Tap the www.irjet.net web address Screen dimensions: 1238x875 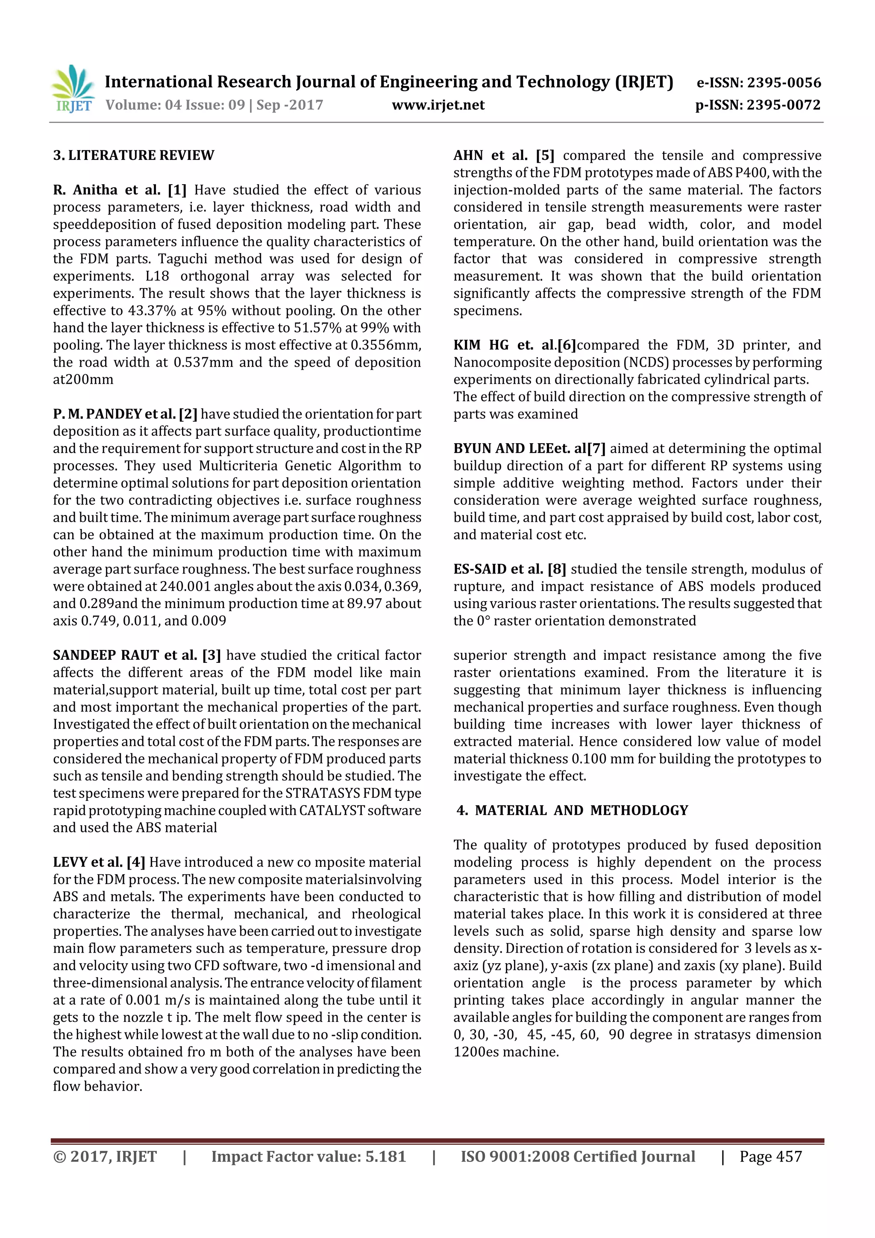coord(438,105)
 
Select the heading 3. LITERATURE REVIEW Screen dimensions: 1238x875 coord(134,156)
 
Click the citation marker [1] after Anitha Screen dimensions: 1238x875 coord(177,190)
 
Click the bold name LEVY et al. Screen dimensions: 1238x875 coord(88,862)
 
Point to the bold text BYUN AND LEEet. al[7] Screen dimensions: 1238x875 coord(529,449)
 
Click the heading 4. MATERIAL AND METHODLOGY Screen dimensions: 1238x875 coord(572,810)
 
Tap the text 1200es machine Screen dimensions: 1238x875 coord(506,1052)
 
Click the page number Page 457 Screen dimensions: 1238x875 coord(770,1156)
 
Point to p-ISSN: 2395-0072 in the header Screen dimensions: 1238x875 coord(758,105)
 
